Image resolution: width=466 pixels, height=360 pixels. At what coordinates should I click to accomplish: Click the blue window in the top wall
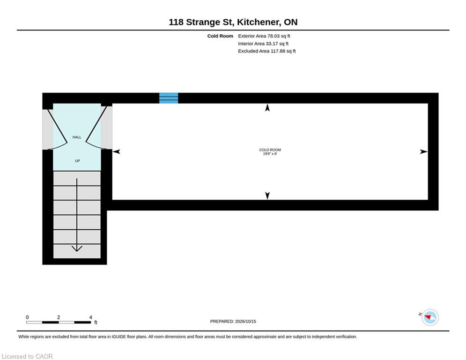(169, 98)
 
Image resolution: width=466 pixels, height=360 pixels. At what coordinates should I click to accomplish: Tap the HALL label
(77, 137)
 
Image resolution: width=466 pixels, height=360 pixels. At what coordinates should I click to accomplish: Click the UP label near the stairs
(77, 161)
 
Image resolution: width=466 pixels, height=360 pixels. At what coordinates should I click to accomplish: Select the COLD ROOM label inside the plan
(270, 150)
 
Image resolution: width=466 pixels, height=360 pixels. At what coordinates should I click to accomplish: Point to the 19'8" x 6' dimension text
(270, 154)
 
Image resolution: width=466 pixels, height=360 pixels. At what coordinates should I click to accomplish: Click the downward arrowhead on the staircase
(77, 248)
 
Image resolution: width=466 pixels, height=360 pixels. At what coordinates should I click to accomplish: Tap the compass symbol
(430, 317)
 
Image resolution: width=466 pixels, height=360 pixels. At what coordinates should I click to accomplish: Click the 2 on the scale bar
(59, 317)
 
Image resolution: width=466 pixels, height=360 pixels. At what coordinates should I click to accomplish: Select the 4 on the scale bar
(91, 317)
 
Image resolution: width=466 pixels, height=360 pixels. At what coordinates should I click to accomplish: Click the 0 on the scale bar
(27, 317)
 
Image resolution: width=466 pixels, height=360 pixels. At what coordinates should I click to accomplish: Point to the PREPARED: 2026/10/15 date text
(233, 321)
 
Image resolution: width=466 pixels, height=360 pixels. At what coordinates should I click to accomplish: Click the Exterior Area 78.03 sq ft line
(264, 36)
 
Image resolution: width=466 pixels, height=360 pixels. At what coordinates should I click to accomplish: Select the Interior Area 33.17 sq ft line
(263, 44)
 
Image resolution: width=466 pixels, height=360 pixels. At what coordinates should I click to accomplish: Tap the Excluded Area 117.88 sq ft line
(266, 51)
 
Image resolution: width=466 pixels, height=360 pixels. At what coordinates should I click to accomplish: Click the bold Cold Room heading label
(220, 36)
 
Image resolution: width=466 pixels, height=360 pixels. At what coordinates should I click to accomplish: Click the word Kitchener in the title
(258, 22)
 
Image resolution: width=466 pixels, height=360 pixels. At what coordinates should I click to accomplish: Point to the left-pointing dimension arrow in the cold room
(116, 152)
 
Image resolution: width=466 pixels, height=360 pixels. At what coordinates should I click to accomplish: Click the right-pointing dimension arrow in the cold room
(424, 152)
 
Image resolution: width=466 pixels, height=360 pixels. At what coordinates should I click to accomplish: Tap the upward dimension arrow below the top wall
(267, 107)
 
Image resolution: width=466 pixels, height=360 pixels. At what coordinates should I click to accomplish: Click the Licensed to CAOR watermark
(27, 356)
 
